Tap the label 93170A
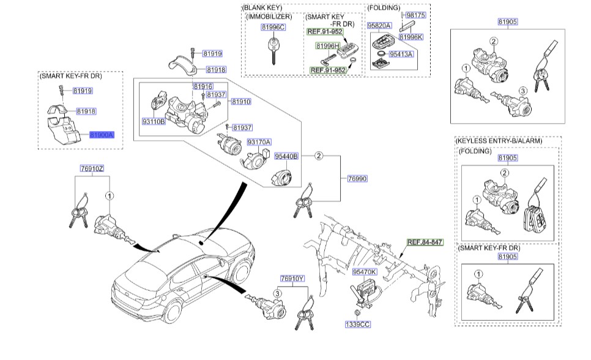point(259,142)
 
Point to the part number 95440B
point(285,157)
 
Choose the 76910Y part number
point(292,279)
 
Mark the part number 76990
point(357,178)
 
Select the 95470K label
point(365,271)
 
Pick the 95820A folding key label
point(379,26)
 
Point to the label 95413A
point(402,54)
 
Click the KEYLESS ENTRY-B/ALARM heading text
point(508,141)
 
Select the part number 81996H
point(327,46)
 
